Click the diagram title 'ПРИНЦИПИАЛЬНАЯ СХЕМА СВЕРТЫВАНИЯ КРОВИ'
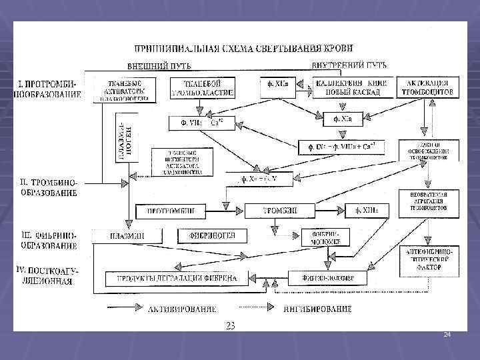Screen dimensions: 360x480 [244, 48]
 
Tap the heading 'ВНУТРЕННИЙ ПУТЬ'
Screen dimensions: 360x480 [349, 65]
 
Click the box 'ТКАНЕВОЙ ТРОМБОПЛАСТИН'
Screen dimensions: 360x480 [202, 88]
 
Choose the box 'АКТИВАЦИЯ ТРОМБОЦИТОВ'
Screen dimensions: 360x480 [428, 87]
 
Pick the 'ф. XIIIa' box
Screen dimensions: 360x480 [367, 211]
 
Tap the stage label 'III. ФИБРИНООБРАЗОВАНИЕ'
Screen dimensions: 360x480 [47, 239]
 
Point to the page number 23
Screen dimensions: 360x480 [231, 325]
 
